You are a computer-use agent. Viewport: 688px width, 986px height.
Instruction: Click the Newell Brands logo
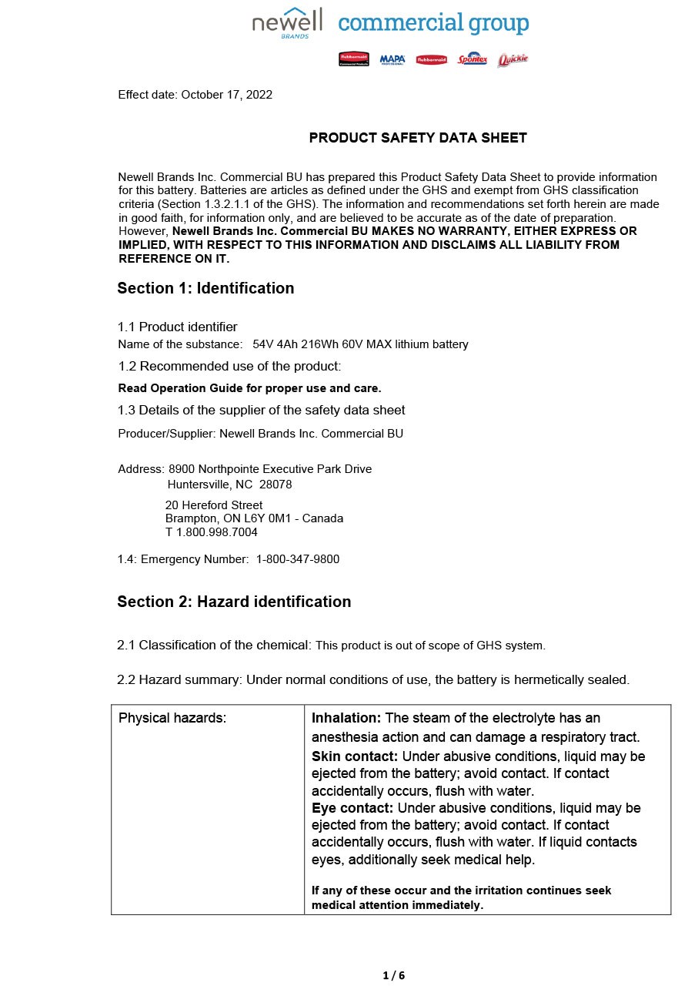(287, 23)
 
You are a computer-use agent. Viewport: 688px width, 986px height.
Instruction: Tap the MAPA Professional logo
(392, 59)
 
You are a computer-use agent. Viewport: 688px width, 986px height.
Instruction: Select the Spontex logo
(472, 59)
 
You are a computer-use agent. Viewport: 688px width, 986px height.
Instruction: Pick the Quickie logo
(513, 59)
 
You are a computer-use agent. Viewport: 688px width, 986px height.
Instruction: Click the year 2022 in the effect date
(259, 95)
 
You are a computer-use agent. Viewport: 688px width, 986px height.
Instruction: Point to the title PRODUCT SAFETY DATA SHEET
(418, 138)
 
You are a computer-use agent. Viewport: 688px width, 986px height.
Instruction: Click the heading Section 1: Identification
(205, 288)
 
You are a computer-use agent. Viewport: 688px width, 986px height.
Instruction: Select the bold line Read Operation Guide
(249, 388)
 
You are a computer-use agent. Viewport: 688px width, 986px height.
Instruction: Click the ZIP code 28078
(276, 485)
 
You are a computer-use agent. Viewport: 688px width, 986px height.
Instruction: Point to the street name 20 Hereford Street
(214, 505)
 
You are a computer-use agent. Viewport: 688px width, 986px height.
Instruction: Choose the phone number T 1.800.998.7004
(212, 532)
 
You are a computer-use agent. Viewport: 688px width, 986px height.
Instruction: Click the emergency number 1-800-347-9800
(298, 559)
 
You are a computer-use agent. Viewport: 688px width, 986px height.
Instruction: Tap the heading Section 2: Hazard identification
(234, 602)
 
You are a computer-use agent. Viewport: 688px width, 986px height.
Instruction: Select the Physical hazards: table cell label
(172, 718)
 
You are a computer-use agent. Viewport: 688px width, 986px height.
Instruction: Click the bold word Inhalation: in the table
(346, 718)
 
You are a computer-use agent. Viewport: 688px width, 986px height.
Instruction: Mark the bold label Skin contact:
(355, 756)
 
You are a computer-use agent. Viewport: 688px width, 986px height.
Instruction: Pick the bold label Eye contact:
(352, 808)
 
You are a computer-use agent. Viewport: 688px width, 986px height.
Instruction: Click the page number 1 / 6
(393, 975)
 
